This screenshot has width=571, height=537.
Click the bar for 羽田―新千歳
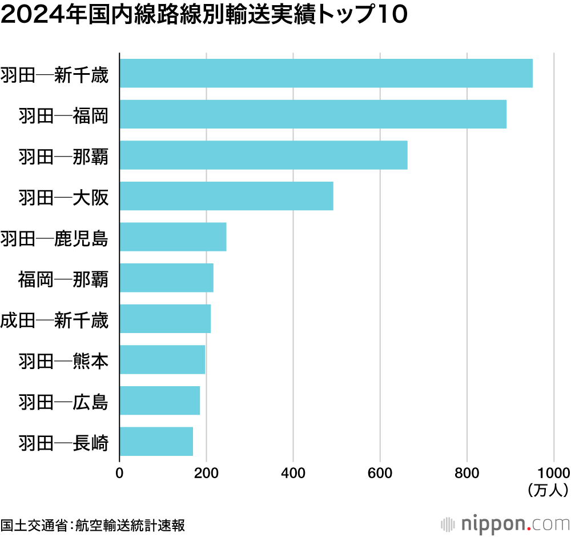[325, 73]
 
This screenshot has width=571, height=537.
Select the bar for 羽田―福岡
[313, 114]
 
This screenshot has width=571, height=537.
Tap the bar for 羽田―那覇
[263, 155]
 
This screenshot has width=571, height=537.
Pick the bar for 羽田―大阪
[226, 196]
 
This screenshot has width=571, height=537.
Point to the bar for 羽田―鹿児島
[173, 237]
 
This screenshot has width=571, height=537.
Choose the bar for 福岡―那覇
[166, 278]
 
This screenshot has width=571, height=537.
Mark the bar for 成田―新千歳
[165, 319]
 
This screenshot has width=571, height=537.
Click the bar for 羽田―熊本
[162, 359]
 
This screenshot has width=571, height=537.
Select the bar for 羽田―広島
[160, 400]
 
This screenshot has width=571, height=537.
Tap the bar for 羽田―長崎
[156, 441]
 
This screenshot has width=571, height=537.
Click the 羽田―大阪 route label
[63, 197]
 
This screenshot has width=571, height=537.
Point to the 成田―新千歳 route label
[54, 319]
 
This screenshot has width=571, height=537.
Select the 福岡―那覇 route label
[63, 278]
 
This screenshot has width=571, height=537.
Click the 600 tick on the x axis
[380, 472]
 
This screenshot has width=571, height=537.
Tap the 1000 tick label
[554, 472]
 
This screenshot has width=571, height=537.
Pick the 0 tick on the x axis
[119, 472]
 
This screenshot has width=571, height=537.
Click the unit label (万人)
[547, 489]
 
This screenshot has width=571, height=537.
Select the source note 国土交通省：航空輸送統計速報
[93, 524]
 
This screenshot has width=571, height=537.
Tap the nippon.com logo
[505, 523]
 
